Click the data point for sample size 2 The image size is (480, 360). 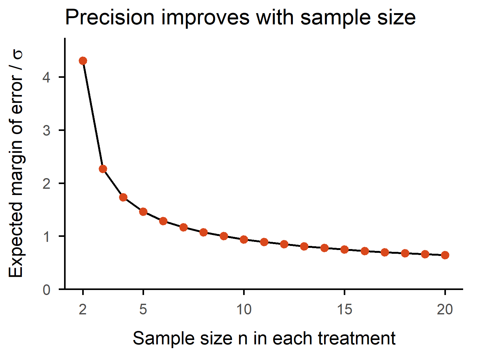click(83, 61)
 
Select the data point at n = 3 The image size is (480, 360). click(103, 169)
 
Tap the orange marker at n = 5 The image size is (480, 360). click(143, 212)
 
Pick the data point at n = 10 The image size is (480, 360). click(244, 240)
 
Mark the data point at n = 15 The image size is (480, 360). click(344, 249)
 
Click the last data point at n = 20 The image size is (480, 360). click(445, 255)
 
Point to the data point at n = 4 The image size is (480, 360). click(123, 197)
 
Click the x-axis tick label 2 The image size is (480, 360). click(83, 309)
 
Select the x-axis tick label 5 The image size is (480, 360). click(143, 309)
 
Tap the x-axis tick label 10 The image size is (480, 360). click(244, 309)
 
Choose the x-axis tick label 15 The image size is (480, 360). click(344, 309)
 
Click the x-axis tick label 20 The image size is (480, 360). click(445, 309)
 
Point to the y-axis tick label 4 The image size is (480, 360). click(47, 77)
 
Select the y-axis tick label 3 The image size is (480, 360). click(47, 130)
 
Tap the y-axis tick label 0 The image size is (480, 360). click(47, 290)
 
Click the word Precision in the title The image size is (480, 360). click(110, 17)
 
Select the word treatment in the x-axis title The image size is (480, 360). click(357, 338)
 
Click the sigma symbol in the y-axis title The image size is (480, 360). click(17, 55)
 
